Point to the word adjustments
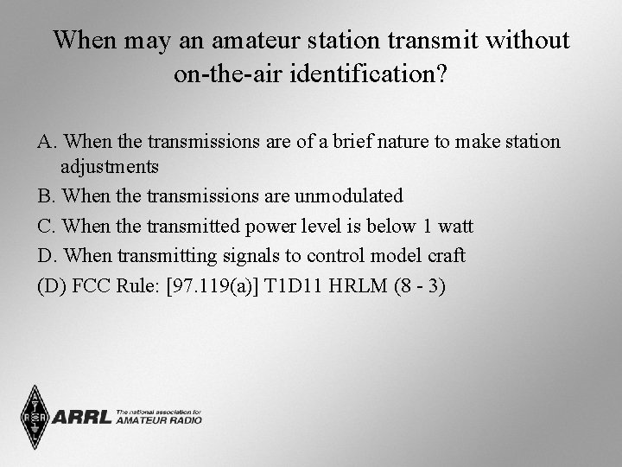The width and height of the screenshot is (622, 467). tap(110, 168)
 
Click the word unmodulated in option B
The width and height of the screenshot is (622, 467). tap(349, 196)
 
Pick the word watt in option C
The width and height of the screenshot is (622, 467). tap(454, 227)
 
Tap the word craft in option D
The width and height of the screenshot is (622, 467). tap(445, 256)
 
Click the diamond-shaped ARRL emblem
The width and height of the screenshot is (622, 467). tap(35, 418)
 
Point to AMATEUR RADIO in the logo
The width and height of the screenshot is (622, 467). tap(158, 420)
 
